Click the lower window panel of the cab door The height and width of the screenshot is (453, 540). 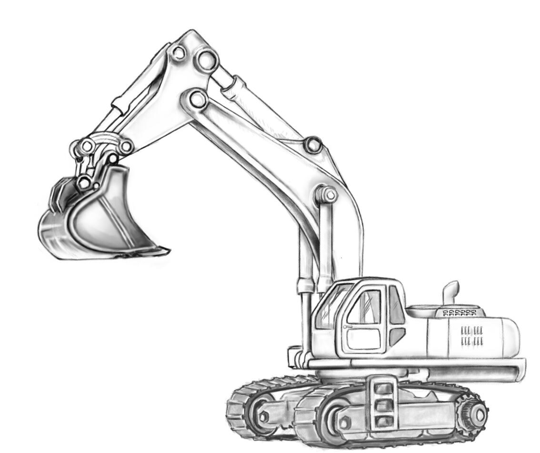[x=364, y=339]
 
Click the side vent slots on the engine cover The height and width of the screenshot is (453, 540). [x=472, y=336]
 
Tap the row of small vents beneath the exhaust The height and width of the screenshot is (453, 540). [x=459, y=313]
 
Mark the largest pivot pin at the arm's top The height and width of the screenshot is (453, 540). [x=206, y=60]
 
